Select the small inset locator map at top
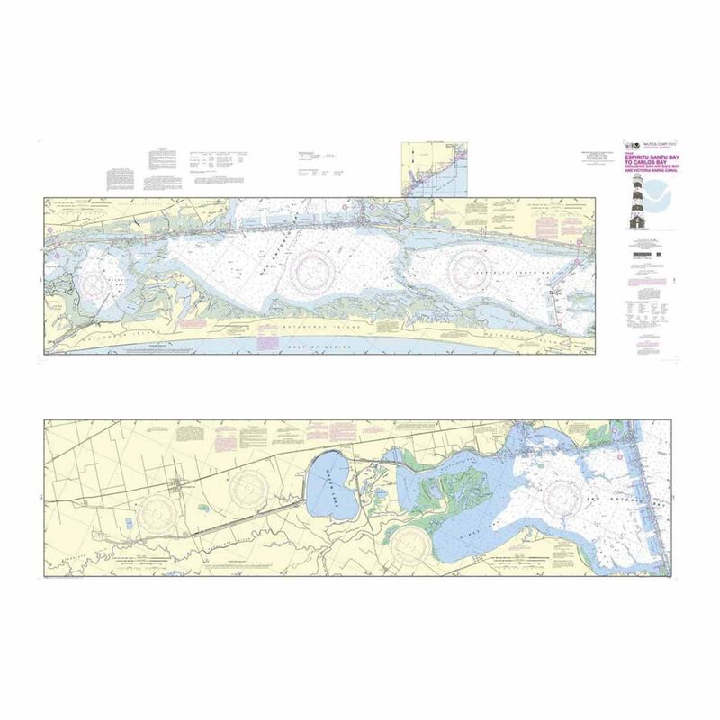[x=434, y=166]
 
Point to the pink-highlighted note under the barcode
[x=641, y=272]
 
